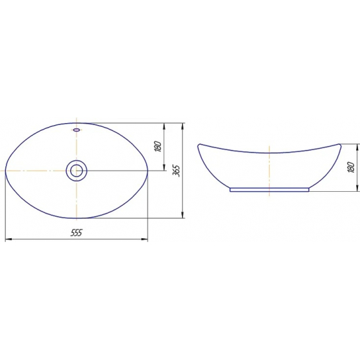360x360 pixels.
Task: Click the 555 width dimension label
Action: click(76, 232)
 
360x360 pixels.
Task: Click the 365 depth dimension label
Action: click(177, 170)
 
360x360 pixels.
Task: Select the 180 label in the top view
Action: click(158, 146)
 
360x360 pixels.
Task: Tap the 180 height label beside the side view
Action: click(351, 167)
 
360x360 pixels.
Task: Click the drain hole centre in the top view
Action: click(77, 171)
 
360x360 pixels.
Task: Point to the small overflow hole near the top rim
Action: click(77, 130)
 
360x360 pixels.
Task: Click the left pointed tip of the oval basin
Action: click(5, 171)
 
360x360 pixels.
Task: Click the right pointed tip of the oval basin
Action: click(148, 171)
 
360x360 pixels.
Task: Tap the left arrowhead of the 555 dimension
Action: click(9, 240)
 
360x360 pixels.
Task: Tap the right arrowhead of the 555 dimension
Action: click(145, 240)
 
